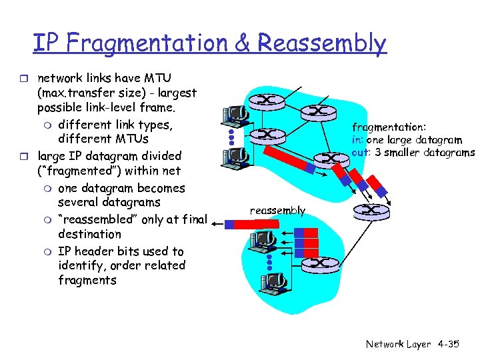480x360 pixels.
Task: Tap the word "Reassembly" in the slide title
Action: (322, 43)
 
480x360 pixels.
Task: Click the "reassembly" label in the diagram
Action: (277, 211)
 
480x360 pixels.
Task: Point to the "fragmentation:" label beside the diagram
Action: (389, 127)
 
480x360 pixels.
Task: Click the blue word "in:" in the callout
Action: (358, 140)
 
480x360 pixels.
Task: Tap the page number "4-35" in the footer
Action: (448, 345)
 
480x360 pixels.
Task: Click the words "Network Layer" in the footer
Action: (397, 345)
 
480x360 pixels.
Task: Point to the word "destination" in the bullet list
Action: (89, 234)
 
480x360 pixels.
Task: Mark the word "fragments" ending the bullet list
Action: (87, 280)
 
